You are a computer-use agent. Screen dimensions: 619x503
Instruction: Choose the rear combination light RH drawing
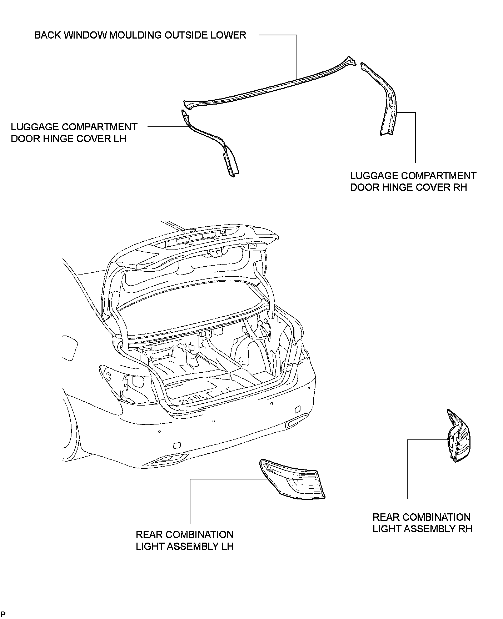tap(459, 437)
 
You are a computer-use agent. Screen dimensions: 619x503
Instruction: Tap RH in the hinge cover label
tap(460, 187)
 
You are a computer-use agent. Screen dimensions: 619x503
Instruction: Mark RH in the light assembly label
tap(465, 529)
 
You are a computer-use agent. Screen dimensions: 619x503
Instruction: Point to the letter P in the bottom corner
tap(3, 614)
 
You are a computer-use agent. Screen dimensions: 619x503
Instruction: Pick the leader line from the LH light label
tap(190, 500)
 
